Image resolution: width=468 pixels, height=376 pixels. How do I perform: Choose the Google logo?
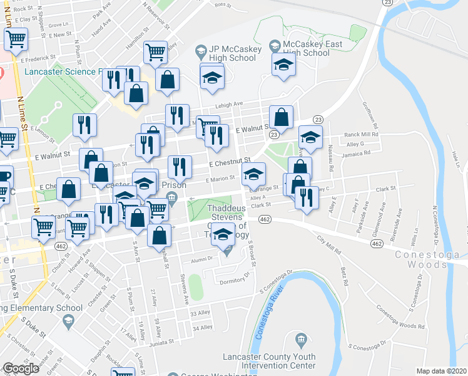click(x=21, y=368)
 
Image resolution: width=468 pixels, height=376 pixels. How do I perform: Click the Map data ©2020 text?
click(x=441, y=371)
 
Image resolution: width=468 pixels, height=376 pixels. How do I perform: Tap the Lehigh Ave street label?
click(x=230, y=105)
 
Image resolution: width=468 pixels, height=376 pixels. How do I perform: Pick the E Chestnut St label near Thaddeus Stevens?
click(x=230, y=162)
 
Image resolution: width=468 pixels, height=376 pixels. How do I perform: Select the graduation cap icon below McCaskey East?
click(x=283, y=65)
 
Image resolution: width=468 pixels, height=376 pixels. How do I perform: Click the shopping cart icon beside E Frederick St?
click(x=16, y=39)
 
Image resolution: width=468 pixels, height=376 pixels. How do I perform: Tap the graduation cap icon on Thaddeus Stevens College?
click(x=223, y=235)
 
